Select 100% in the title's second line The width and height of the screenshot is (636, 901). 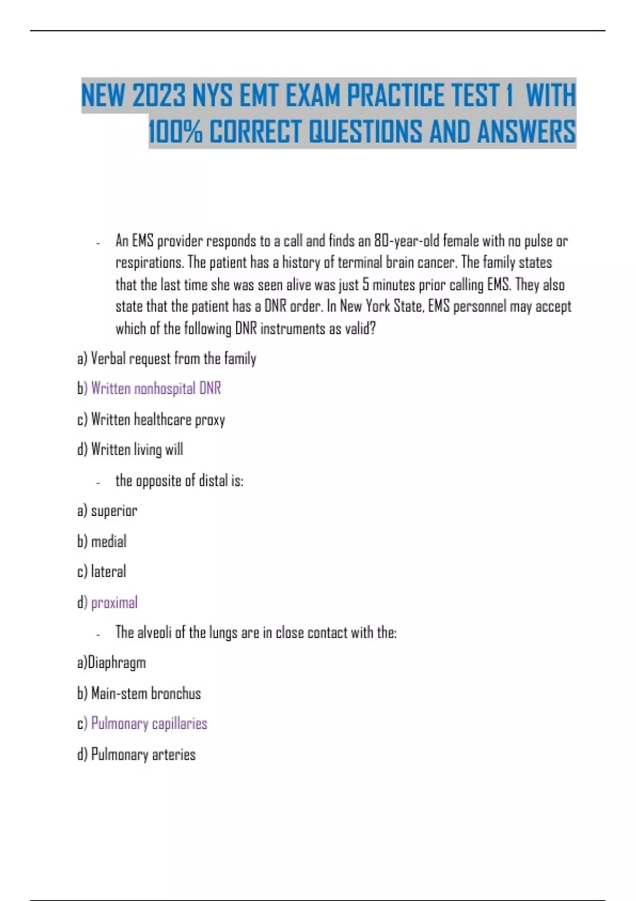[175, 131]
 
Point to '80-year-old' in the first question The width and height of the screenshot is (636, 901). [407, 241]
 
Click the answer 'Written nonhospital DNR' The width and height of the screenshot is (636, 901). [156, 388]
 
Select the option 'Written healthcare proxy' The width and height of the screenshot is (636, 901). [158, 420]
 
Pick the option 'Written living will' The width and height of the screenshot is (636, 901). [137, 449]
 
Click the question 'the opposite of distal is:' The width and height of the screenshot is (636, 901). [179, 481]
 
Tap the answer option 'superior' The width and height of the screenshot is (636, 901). [114, 511]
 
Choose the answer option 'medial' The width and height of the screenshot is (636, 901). [109, 542]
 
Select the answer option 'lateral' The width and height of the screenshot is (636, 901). [108, 572]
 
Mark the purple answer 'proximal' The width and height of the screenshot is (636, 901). [114, 603]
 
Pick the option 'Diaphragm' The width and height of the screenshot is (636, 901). [117, 662]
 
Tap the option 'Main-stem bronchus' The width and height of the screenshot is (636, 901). [146, 693]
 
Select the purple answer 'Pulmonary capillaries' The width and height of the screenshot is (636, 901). [149, 723]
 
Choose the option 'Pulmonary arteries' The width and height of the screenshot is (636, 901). [143, 754]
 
